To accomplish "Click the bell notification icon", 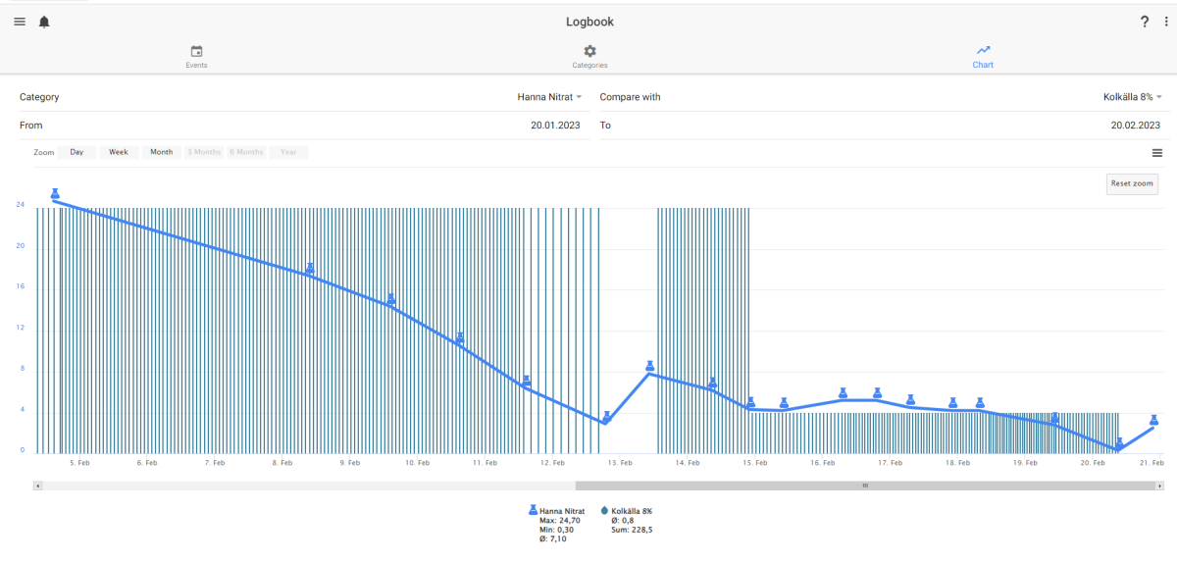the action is (x=44, y=22).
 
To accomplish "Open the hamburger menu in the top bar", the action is (x=20, y=22).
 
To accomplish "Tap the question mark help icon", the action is (x=1145, y=22).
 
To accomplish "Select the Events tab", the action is (x=196, y=57).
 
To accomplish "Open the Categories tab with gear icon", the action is (x=589, y=57).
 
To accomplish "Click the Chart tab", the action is (x=983, y=57).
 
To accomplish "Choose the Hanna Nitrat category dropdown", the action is (x=549, y=97).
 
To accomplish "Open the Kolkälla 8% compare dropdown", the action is (x=1132, y=97).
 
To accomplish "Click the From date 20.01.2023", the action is (x=555, y=126).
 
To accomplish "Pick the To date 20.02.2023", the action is (x=1135, y=126).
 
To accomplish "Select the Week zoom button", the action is (x=119, y=152).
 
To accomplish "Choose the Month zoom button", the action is (x=161, y=152).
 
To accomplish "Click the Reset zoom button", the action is (x=1132, y=183).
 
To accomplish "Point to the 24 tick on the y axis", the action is (x=20, y=204).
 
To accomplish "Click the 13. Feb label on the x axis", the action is (x=620, y=463).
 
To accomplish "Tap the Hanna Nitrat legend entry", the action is (x=556, y=511).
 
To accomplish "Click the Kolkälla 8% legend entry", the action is (x=627, y=511).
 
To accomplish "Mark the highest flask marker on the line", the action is (x=55, y=193).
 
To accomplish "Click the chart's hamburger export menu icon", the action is (x=1157, y=153).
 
